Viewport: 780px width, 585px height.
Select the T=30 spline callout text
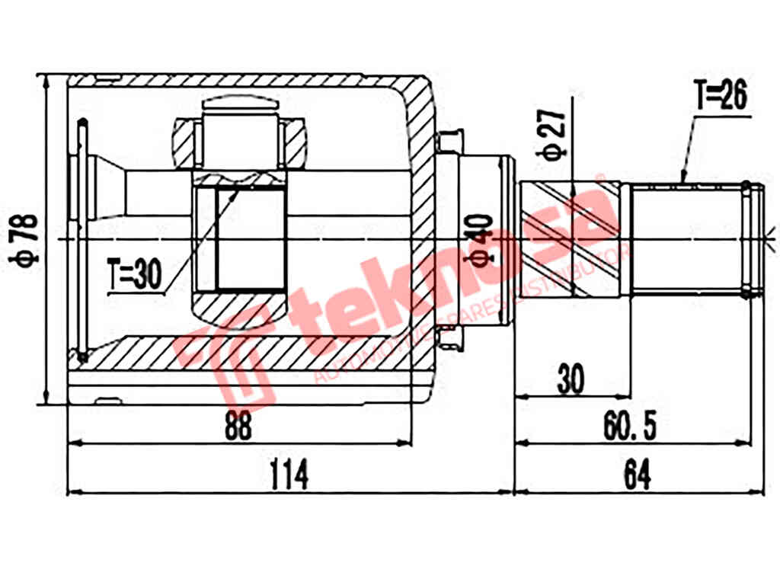135,276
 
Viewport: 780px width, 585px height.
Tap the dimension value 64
638,477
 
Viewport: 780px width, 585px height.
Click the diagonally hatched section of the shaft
576,238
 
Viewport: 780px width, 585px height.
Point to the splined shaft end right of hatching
686,238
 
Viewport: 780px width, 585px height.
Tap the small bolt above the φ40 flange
449,141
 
